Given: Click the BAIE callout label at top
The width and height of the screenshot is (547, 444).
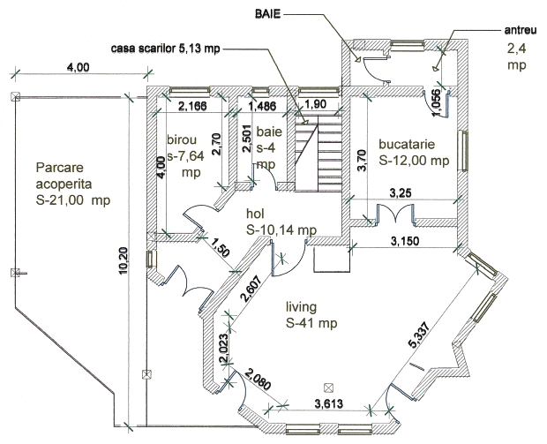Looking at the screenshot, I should click(x=270, y=16).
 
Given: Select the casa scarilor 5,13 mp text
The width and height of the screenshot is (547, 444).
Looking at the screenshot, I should click(x=166, y=48).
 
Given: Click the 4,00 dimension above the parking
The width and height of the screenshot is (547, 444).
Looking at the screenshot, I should click(x=78, y=68).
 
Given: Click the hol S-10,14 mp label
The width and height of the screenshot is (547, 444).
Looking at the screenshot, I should click(x=281, y=222).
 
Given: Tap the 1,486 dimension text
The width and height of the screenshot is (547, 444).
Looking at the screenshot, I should click(x=263, y=107).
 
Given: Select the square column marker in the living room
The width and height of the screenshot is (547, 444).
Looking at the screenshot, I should click(x=328, y=386).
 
